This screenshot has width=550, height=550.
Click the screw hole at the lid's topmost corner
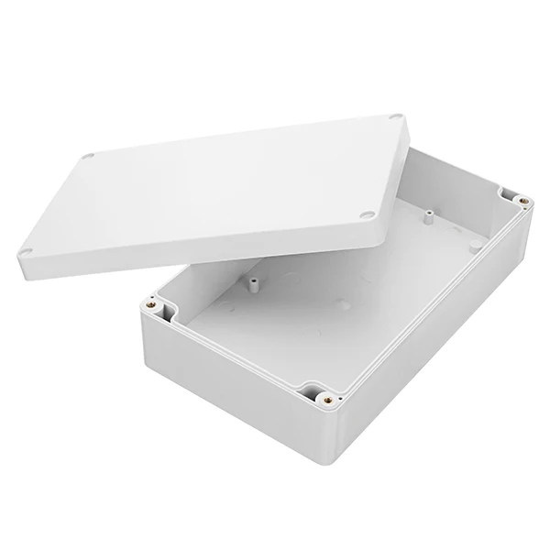395,117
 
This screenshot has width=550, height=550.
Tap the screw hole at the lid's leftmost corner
27,252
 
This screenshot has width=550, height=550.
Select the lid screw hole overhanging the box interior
366,214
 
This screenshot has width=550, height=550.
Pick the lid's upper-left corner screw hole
88,157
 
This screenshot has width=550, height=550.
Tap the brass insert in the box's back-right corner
522,201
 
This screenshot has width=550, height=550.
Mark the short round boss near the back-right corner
474,245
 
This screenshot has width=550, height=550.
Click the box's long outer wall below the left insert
229,394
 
